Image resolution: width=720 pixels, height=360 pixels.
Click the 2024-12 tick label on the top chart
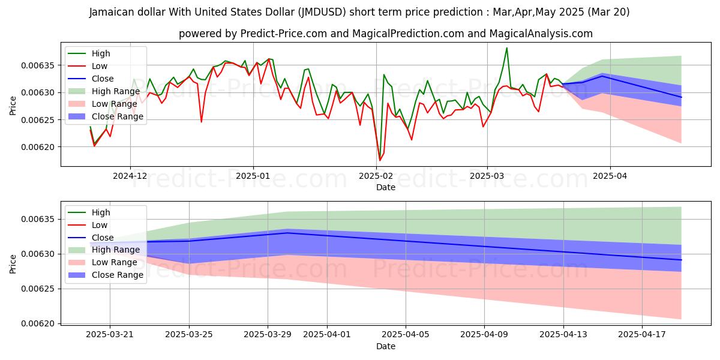click(x=130, y=176)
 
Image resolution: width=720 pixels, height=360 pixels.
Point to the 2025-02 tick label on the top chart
click(x=376, y=176)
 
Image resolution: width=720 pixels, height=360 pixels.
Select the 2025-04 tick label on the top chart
click(x=610, y=176)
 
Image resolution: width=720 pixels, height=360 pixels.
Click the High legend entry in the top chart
click(x=100, y=53)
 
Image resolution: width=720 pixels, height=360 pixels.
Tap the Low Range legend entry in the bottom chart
click(x=116, y=263)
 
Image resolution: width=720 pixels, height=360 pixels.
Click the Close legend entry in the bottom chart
click(x=102, y=238)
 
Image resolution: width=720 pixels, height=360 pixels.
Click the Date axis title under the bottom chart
click(x=385, y=346)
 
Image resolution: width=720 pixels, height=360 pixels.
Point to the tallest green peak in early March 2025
click(x=507, y=48)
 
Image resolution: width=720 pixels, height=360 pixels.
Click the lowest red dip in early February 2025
click(x=380, y=160)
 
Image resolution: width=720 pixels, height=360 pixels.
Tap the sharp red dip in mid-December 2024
click(x=201, y=122)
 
